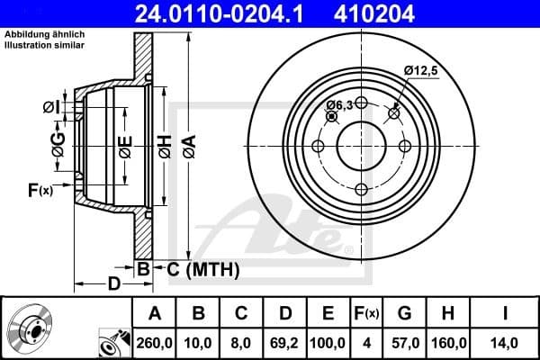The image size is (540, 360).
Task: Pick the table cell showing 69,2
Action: (284, 342)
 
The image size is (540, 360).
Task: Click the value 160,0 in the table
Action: (447, 342)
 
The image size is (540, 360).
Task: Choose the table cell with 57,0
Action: (404, 342)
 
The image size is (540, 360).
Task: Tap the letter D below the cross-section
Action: (113, 285)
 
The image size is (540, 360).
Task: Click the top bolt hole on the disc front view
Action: (361, 103)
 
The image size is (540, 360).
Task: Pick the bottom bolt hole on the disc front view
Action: (361, 189)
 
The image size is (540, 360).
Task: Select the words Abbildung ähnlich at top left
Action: (45, 33)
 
